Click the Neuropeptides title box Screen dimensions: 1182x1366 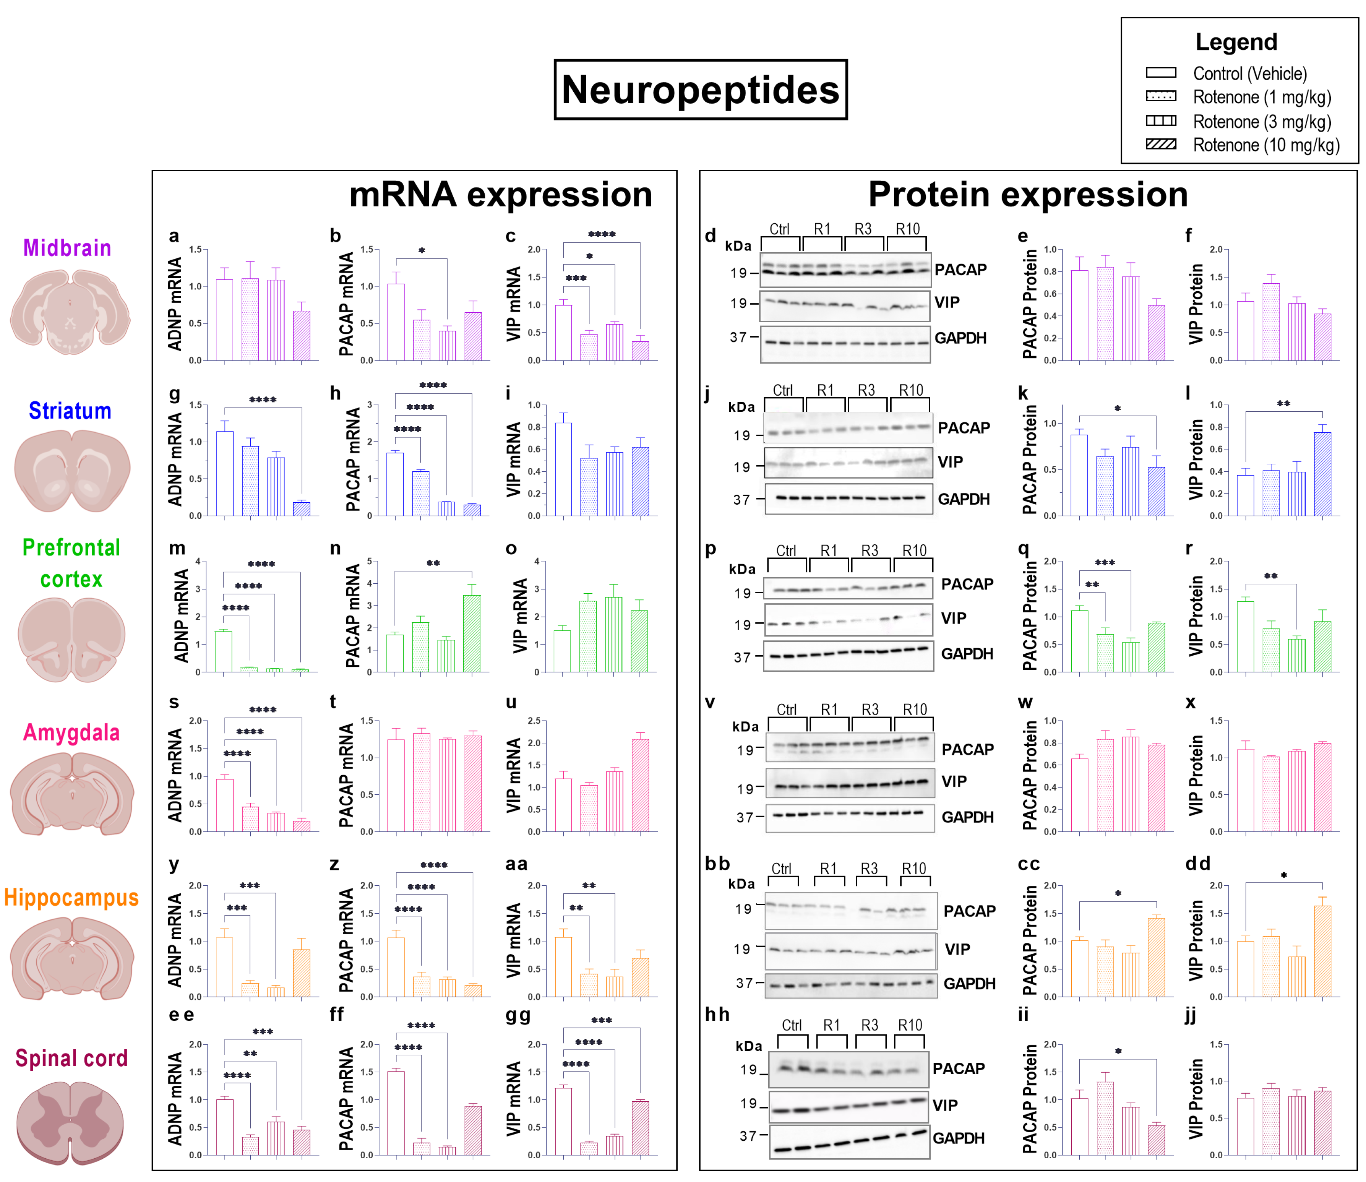(701, 90)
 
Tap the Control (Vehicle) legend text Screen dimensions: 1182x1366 (1249, 74)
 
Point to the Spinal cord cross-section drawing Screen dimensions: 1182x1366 (70, 1121)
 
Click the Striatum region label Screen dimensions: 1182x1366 (70, 411)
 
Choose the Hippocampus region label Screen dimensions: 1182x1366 (71, 898)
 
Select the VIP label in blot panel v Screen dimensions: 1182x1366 (954, 782)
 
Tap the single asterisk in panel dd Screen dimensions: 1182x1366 (1283, 876)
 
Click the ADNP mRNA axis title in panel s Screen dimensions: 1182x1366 (175, 776)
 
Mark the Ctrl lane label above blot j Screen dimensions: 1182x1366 (783, 390)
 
